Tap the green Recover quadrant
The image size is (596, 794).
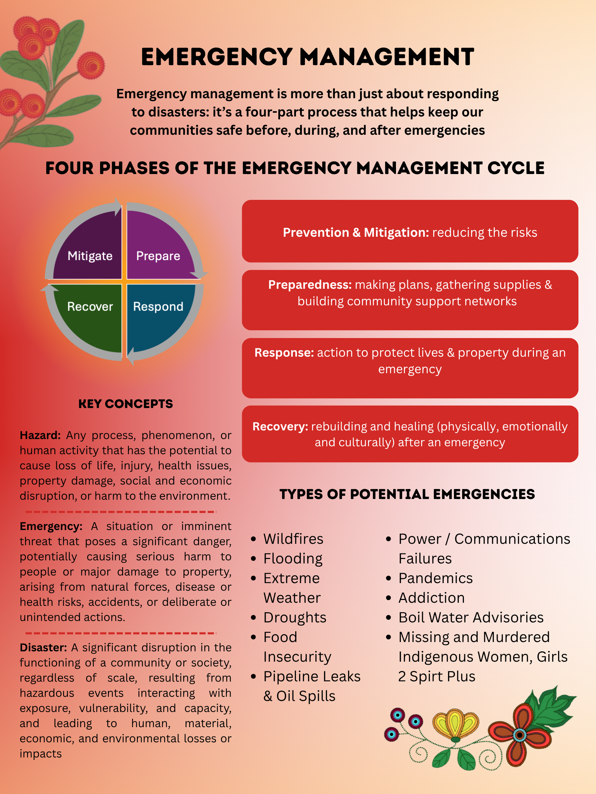[90, 312]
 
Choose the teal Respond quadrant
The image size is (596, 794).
[158, 312]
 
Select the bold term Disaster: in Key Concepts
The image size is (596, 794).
[43, 648]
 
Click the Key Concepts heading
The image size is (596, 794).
[126, 404]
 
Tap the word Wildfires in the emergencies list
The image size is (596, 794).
[293, 539]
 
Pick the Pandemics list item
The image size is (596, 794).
[435, 578]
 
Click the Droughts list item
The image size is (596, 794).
[295, 618]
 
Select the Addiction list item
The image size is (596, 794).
[431, 598]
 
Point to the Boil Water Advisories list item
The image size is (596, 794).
[470, 618]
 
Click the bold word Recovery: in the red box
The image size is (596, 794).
[280, 426]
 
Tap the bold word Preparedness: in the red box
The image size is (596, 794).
[310, 285]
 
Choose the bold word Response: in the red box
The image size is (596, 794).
[284, 353]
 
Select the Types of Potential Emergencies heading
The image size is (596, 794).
[407, 494]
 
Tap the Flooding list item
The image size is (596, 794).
[293, 559]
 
